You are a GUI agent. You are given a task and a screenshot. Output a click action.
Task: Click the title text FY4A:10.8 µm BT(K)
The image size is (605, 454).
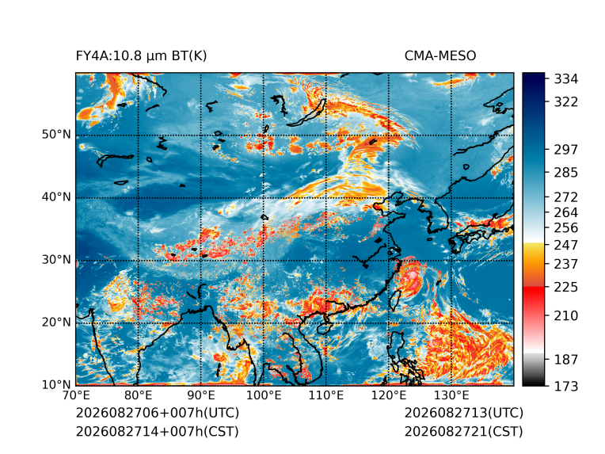pyautogui.click(x=141, y=56)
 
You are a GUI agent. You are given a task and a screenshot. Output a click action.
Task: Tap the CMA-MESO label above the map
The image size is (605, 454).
pyautogui.click(x=440, y=56)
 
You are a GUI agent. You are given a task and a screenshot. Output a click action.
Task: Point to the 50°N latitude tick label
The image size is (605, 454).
pyautogui.click(x=56, y=135)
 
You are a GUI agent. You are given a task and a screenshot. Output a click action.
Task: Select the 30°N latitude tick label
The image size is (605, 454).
pyautogui.click(x=56, y=260)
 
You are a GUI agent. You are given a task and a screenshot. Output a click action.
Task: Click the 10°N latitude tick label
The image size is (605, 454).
pyautogui.click(x=56, y=384)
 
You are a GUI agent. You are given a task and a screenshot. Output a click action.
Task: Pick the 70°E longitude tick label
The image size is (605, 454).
pyautogui.click(x=76, y=395)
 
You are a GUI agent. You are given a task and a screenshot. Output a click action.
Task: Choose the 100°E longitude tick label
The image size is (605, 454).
pyautogui.click(x=264, y=395)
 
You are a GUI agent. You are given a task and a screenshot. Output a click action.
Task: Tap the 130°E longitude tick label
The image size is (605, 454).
pyautogui.click(x=451, y=395)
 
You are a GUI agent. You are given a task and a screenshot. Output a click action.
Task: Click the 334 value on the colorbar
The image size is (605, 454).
pyautogui.click(x=566, y=79)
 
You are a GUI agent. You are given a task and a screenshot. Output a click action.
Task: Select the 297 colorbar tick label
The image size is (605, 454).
pyautogui.click(x=566, y=150)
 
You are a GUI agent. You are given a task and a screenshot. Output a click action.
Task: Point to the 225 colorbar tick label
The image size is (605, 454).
pyautogui.click(x=566, y=288)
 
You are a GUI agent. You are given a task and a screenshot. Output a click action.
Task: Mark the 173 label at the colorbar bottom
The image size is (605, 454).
pyautogui.click(x=566, y=386)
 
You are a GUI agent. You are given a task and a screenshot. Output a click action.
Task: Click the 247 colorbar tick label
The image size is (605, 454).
pyautogui.click(x=566, y=245)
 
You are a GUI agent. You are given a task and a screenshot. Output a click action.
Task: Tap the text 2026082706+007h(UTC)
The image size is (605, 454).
pyautogui.click(x=158, y=413)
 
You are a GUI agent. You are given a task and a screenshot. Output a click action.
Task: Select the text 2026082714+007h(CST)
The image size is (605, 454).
pyautogui.click(x=157, y=431)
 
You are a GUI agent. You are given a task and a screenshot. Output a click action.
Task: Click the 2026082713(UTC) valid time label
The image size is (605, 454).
pyautogui.click(x=464, y=413)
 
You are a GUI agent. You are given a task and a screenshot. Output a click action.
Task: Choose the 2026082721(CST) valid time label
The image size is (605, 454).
pyautogui.click(x=463, y=431)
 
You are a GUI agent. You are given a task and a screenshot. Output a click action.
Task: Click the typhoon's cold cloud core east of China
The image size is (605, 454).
pyautogui.click(x=412, y=276)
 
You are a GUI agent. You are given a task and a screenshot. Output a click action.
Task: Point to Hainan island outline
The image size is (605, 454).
pyautogui.click(x=323, y=328)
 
